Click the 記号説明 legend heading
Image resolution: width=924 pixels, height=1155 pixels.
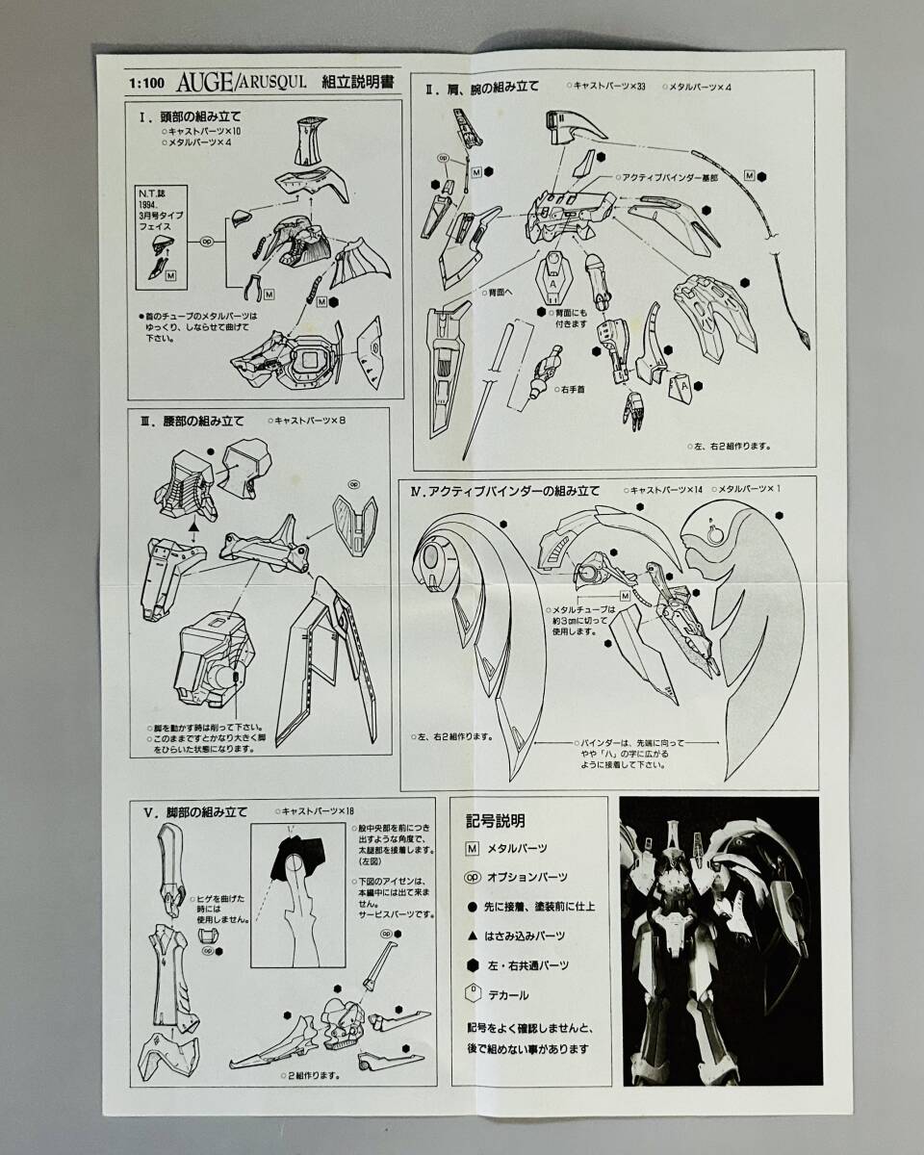496,821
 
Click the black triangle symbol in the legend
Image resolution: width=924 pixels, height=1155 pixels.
472,936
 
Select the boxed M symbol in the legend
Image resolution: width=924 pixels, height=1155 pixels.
472,848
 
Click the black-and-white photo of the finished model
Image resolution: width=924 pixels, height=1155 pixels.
719,940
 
